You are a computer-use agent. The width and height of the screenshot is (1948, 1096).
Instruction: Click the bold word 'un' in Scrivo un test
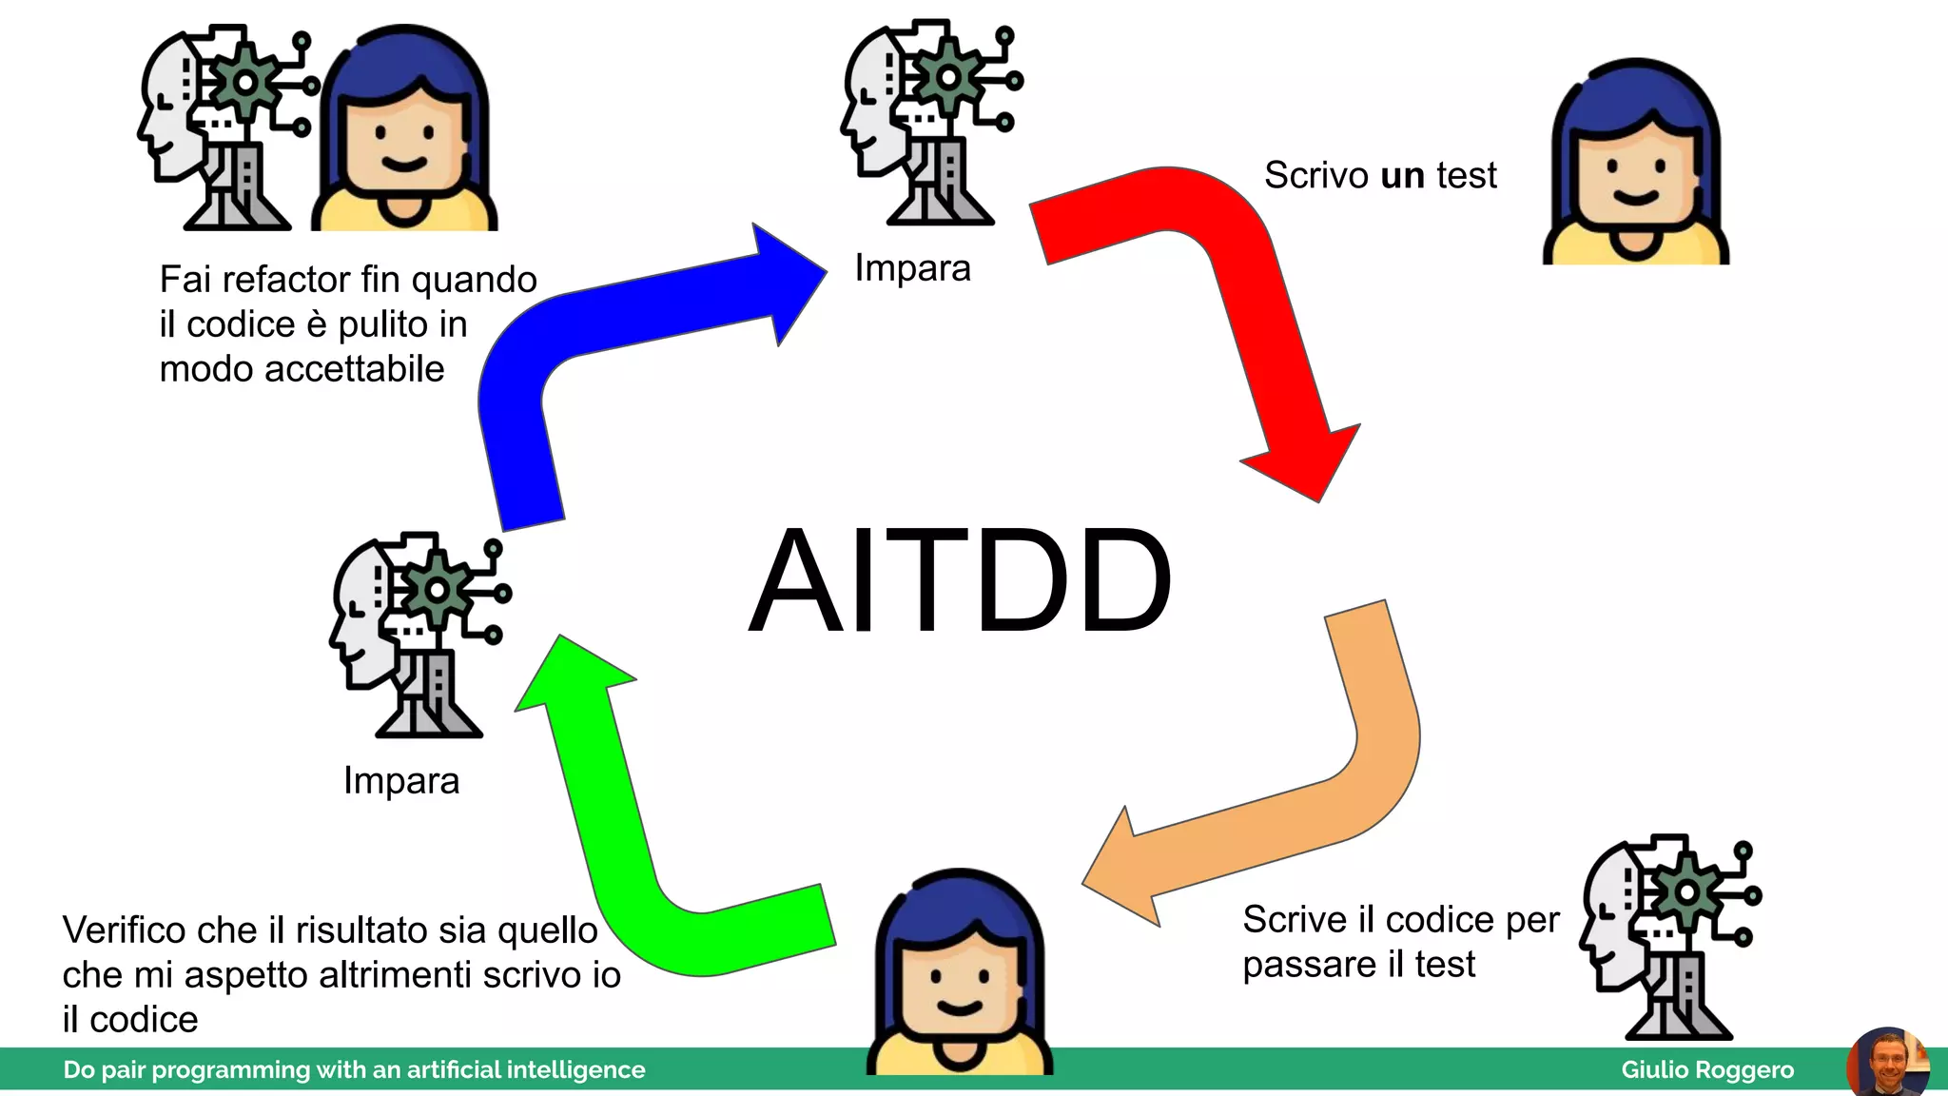[1402, 176]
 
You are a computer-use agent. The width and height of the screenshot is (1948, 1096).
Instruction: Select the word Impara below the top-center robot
[912, 269]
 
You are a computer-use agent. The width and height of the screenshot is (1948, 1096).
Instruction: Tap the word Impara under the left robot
[401, 781]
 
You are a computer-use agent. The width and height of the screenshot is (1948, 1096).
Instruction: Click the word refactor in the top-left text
[287, 281]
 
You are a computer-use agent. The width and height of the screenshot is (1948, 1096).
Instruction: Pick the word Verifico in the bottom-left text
[127, 930]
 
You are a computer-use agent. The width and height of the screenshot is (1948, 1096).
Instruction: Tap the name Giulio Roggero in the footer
[1706, 1070]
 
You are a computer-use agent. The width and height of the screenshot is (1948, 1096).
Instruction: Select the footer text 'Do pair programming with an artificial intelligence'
[354, 1070]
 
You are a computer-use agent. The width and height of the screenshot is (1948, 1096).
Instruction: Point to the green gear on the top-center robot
[947, 78]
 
